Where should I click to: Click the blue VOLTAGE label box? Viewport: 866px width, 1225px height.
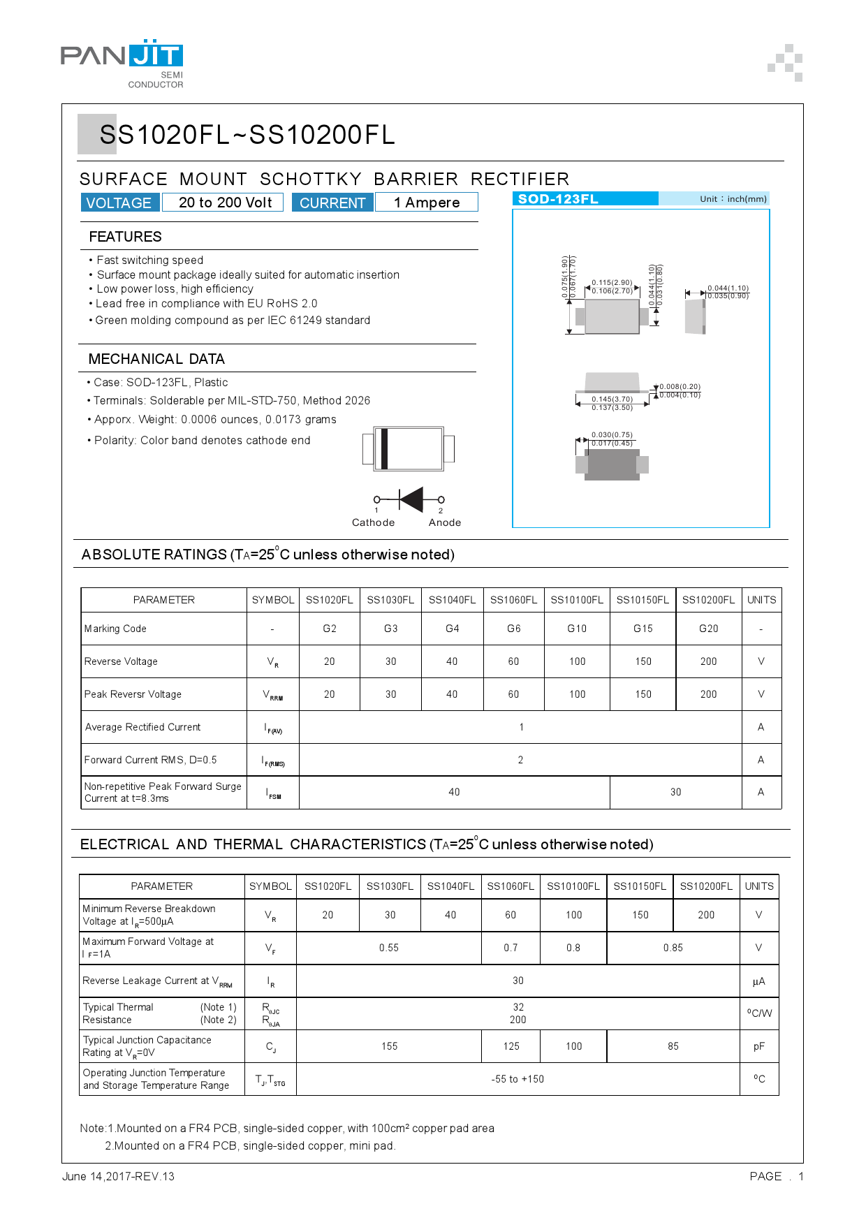tap(119, 203)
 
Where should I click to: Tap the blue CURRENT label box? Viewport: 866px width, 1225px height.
tap(332, 203)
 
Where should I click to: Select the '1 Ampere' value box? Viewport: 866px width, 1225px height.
tap(426, 203)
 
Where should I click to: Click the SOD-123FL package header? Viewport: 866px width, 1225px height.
tap(585, 199)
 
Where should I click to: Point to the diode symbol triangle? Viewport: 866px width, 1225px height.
tap(411, 499)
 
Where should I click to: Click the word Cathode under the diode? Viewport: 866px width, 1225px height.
tap(373, 522)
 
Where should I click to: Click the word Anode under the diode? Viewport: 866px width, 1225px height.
tap(445, 522)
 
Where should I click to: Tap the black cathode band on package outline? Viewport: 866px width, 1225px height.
tap(384, 448)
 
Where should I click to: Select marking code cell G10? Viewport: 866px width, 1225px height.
tap(577, 629)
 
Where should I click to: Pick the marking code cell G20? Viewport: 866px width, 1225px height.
tap(708, 629)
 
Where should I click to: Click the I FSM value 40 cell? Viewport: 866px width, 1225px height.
tap(454, 792)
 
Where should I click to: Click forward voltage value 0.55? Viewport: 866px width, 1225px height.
tap(389, 948)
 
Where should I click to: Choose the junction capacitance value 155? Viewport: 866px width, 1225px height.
tap(389, 1046)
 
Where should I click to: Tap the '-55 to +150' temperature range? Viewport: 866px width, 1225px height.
tap(518, 1079)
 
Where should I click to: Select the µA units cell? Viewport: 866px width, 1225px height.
tap(758, 981)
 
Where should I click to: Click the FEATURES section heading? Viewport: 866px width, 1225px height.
tap(126, 237)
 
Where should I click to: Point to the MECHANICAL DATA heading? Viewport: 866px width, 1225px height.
tap(156, 359)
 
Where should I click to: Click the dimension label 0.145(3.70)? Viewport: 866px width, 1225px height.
tap(612, 399)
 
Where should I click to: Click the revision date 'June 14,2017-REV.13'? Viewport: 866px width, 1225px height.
tap(118, 1176)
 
